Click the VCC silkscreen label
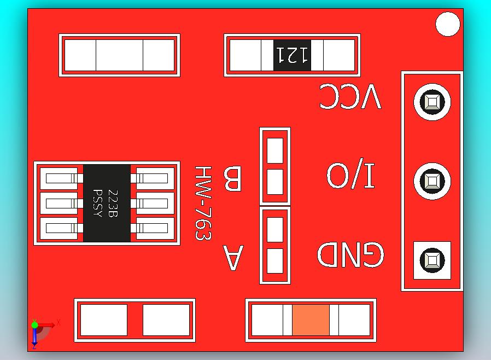pos(350,97)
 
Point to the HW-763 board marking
pos(203,204)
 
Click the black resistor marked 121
pos(293,55)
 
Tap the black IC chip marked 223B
pos(107,203)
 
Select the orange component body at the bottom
pos(311,320)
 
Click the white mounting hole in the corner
pos(448,25)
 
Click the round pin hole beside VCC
pos(432,102)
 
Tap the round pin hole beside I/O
pos(432,181)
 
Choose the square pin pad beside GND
pos(432,260)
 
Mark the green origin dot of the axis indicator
pos(34,325)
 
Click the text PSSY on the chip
pos(98,203)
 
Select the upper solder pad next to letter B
pos(275,150)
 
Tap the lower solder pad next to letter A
pos(275,261)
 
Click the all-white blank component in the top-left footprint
pos(119,55)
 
